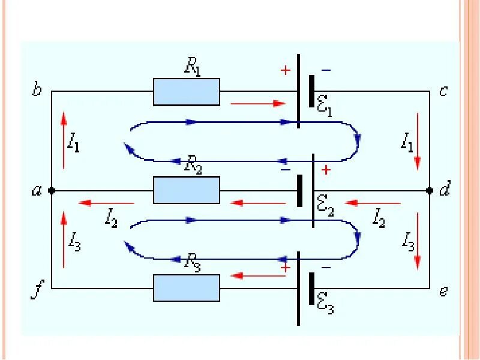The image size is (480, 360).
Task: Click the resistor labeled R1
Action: pos(187,92)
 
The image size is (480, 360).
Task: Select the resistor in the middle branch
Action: pos(187,190)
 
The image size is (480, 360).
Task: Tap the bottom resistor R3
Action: pos(187,288)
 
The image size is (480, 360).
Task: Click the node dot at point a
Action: pos(52,190)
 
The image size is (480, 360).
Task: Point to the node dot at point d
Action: pos(430,190)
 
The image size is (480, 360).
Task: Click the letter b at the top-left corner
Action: pos(37,91)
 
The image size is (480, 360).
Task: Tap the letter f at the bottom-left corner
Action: pos(37,292)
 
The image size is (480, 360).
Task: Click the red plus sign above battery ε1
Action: pos(285,70)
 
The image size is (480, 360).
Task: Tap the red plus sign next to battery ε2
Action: pos(326,170)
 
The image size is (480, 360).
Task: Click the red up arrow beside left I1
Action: pos(64,140)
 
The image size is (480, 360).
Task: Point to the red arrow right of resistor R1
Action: pos(258,103)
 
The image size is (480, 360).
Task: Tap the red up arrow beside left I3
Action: pos(64,239)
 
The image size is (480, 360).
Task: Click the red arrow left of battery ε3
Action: pos(258,276)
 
